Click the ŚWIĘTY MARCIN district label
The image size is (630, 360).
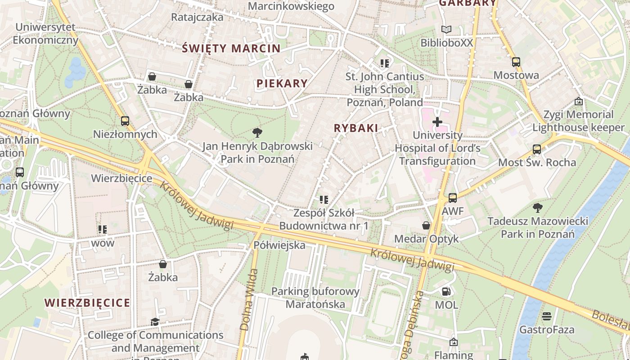(x=231, y=49)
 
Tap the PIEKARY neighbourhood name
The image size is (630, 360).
(x=282, y=83)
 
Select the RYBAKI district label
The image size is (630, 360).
(x=356, y=128)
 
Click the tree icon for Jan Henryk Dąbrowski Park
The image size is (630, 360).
(x=257, y=132)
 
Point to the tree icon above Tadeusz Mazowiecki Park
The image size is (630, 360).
(x=537, y=207)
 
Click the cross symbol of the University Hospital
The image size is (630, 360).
(x=437, y=122)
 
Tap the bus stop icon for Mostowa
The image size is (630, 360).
(x=516, y=62)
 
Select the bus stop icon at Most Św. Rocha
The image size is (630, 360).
(x=536, y=149)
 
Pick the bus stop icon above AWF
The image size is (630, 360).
(x=453, y=198)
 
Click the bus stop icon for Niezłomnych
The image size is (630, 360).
(x=125, y=121)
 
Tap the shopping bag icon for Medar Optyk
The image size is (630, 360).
(x=426, y=225)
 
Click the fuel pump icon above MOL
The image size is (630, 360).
(x=446, y=292)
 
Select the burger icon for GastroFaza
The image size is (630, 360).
(x=547, y=316)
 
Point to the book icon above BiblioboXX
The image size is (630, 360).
(x=446, y=30)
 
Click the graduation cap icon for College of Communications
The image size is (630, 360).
(x=155, y=322)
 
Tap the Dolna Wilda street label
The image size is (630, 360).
(x=249, y=300)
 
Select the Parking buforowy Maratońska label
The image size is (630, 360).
(x=315, y=298)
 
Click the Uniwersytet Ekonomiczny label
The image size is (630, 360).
(x=45, y=33)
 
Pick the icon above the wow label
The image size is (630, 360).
(x=103, y=229)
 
